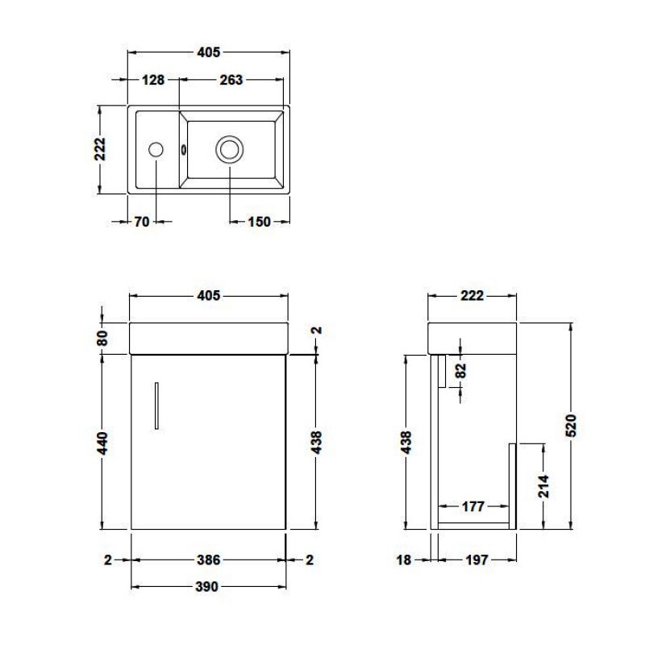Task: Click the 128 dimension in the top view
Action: (153, 80)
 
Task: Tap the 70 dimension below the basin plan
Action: (141, 223)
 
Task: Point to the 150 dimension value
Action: (258, 223)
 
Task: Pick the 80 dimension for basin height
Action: (103, 337)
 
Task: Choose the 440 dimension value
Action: (103, 442)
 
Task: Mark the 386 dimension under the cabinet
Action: (208, 560)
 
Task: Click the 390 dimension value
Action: (208, 587)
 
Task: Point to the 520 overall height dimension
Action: (571, 425)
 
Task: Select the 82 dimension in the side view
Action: (460, 370)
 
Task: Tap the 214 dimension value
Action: (543, 486)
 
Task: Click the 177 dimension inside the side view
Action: (473, 506)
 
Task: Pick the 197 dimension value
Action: (476, 560)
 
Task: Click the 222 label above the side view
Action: (472, 295)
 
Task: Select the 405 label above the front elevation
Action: (208, 295)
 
